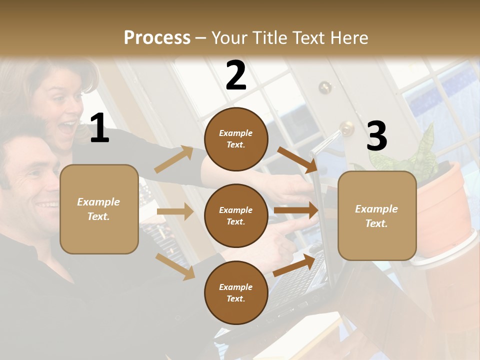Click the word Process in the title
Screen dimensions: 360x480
157,37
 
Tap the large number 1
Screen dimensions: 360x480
99,129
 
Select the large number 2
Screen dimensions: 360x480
236,76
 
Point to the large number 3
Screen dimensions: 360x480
376,136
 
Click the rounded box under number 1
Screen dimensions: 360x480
99,209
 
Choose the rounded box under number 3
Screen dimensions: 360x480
377,216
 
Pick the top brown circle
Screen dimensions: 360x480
236,139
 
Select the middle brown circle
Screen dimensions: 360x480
236,216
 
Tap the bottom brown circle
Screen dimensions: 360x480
236,293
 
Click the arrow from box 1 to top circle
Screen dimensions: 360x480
174,159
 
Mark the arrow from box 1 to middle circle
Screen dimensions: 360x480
175,211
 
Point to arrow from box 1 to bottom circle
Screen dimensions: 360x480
175,266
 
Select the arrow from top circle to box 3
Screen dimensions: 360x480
298,159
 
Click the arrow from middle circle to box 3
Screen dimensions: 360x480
296,210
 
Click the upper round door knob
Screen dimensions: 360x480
325,87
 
